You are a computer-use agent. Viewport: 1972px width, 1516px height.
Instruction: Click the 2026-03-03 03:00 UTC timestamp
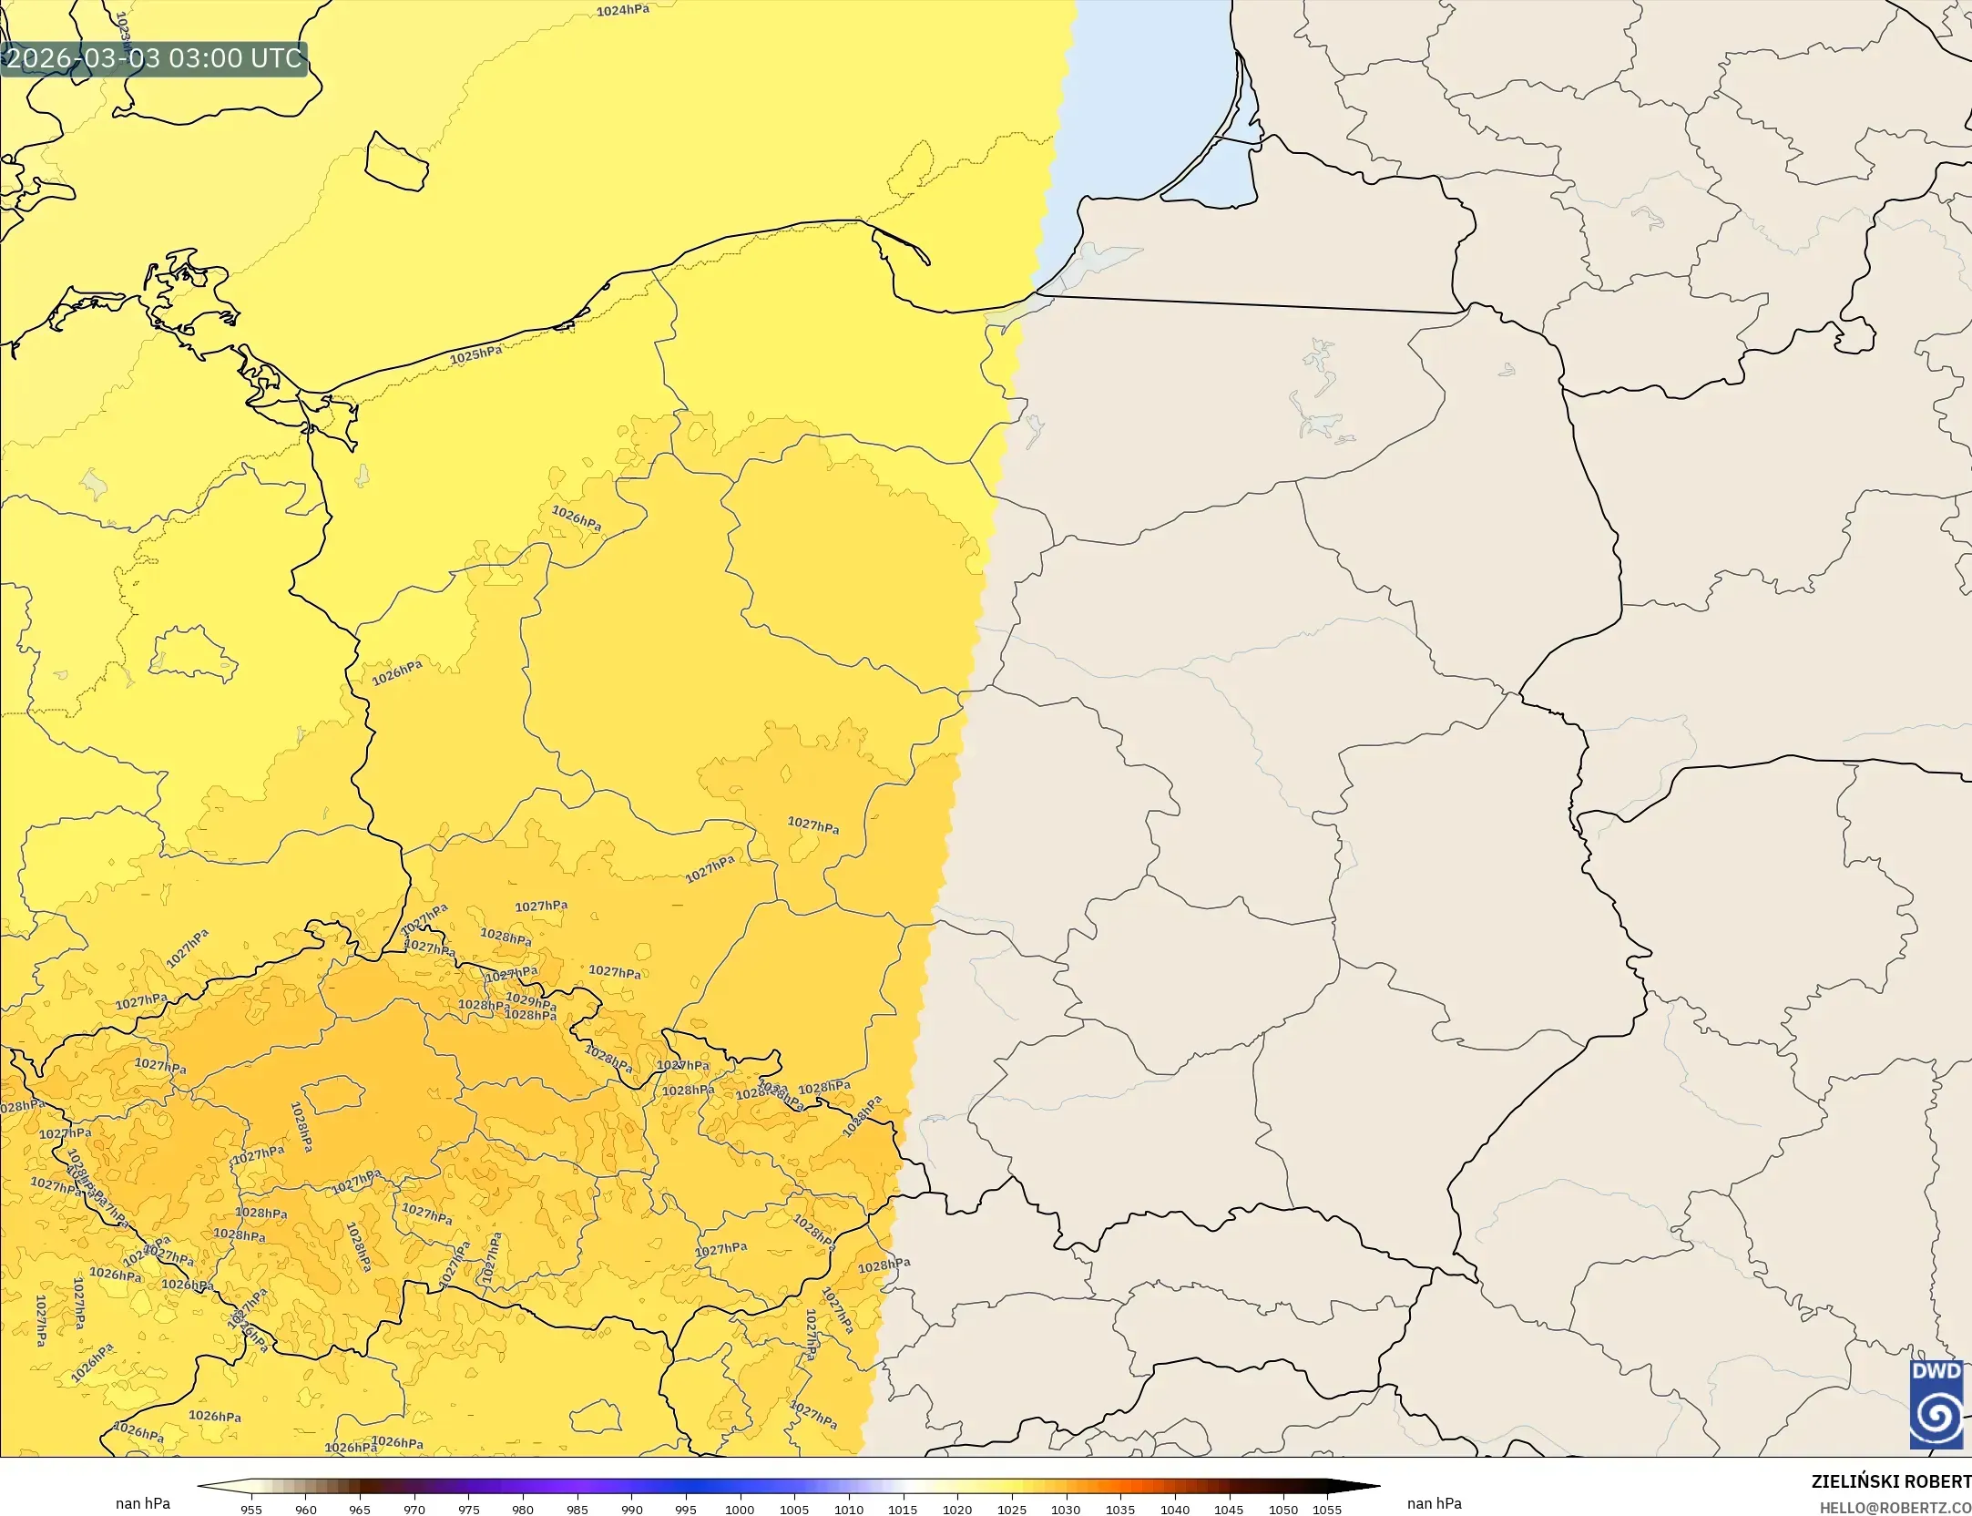click(154, 58)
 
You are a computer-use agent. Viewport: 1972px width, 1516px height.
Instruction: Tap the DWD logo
click(1936, 1404)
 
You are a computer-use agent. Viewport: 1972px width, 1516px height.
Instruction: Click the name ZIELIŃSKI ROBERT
click(1891, 1481)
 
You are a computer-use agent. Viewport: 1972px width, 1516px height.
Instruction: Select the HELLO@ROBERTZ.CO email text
click(1895, 1508)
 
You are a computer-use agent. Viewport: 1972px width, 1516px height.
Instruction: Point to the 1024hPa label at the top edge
click(623, 11)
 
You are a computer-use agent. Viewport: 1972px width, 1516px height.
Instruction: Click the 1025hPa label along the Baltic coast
click(475, 354)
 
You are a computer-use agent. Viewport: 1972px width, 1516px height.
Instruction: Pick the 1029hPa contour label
click(530, 1001)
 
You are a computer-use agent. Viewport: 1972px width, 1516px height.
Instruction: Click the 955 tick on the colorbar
click(251, 1510)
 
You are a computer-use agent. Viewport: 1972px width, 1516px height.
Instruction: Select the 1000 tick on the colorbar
click(740, 1510)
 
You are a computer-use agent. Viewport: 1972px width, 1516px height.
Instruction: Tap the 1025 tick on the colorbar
click(1011, 1510)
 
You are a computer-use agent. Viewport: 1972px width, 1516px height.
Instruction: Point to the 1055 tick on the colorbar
click(1327, 1510)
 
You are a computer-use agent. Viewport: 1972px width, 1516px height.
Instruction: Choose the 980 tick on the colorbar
click(523, 1510)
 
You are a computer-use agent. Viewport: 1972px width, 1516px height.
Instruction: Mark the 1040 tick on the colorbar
click(1174, 1510)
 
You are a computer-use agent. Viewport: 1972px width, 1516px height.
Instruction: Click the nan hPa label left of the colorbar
click(143, 1503)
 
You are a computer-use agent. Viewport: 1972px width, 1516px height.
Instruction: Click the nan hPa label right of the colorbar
click(1434, 1503)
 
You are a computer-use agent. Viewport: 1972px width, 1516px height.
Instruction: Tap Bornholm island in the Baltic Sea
click(396, 163)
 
